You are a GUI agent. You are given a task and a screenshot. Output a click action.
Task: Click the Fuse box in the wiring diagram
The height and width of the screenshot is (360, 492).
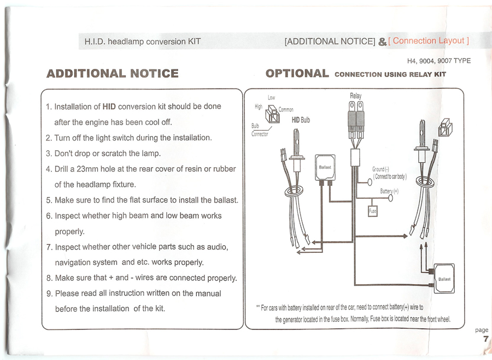tap(372, 211)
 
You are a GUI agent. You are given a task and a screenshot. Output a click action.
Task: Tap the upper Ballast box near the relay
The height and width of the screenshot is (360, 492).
tap(325, 168)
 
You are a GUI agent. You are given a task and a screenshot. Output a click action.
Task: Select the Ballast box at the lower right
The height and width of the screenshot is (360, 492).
tap(444, 279)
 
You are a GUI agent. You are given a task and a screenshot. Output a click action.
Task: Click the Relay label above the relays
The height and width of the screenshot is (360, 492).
tap(355, 96)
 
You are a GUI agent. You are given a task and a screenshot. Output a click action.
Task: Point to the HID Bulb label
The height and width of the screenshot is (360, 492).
tap(301, 120)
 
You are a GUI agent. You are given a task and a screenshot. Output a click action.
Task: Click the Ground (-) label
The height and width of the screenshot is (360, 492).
tap(380, 169)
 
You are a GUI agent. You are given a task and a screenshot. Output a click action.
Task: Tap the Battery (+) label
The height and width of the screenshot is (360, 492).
tap(389, 191)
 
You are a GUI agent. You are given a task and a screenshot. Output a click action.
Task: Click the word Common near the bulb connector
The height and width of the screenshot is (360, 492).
tap(286, 109)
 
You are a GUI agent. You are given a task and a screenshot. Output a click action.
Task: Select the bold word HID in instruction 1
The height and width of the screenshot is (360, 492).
tap(109, 107)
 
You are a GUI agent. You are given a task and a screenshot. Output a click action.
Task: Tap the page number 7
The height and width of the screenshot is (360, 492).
tap(486, 339)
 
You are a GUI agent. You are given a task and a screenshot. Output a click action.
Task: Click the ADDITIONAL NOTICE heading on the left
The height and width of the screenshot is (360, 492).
tap(112, 73)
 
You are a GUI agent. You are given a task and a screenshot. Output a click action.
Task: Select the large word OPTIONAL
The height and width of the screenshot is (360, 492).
tap(297, 73)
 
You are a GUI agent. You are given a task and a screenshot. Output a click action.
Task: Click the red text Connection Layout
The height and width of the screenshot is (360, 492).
tap(428, 41)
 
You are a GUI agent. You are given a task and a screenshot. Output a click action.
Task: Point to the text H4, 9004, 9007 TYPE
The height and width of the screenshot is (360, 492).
tap(438, 61)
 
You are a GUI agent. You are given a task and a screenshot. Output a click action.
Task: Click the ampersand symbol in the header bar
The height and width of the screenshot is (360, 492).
tap(382, 42)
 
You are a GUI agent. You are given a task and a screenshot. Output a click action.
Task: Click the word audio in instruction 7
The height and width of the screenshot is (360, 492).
tap(217, 247)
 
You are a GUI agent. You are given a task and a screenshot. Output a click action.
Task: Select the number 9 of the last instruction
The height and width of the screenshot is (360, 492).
tap(49, 293)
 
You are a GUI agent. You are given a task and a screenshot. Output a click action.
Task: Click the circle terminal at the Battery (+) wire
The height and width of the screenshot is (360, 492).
tap(390, 198)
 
